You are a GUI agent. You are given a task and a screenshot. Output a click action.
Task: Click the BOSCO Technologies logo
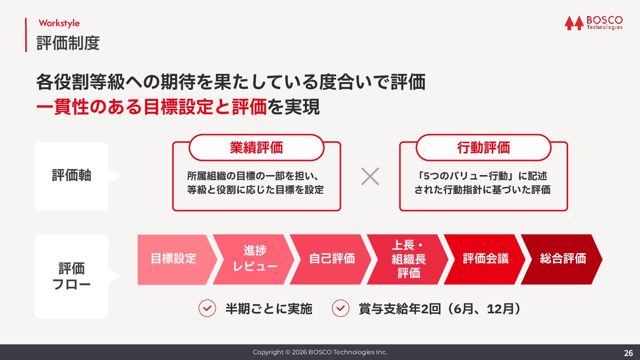click(593, 23)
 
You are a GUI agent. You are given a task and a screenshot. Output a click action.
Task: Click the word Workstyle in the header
click(59, 23)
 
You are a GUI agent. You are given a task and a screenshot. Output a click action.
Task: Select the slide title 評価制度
click(68, 43)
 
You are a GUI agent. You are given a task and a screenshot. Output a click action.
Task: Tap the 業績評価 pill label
click(256, 148)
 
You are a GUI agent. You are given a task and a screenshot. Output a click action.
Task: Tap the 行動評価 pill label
click(484, 148)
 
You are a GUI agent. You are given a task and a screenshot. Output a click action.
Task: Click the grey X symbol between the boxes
click(370, 176)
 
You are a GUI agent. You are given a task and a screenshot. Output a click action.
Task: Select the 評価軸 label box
click(72, 176)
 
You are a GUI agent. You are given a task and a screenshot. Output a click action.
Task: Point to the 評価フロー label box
click(72, 276)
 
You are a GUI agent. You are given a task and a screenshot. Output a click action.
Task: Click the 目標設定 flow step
click(173, 259)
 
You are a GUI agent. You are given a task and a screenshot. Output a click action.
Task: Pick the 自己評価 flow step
click(332, 259)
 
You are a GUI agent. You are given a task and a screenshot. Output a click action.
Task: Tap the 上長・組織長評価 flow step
click(408, 259)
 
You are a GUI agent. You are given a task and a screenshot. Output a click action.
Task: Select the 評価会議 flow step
click(485, 259)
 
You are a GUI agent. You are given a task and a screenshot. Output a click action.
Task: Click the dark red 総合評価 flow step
click(563, 259)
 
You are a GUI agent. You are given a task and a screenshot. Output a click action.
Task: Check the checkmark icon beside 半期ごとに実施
click(207, 308)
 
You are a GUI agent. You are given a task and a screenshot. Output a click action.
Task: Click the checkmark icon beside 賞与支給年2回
click(340, 308)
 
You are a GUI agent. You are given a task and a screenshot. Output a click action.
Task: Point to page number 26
click(628, 353)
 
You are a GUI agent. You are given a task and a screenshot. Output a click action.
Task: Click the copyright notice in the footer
click(320, 352)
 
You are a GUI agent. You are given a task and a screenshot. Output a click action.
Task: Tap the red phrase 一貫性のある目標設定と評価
click(151, 108)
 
